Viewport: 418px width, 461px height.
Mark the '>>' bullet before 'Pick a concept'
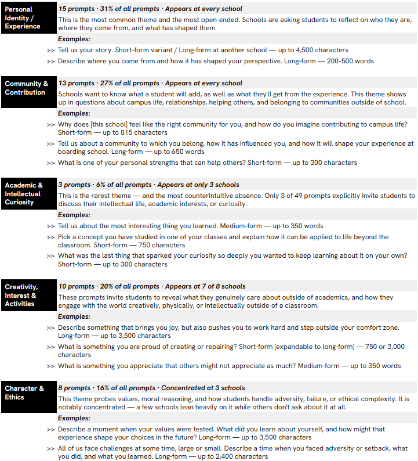pos(51,237)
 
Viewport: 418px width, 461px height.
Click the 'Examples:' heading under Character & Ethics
pos(74,418)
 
